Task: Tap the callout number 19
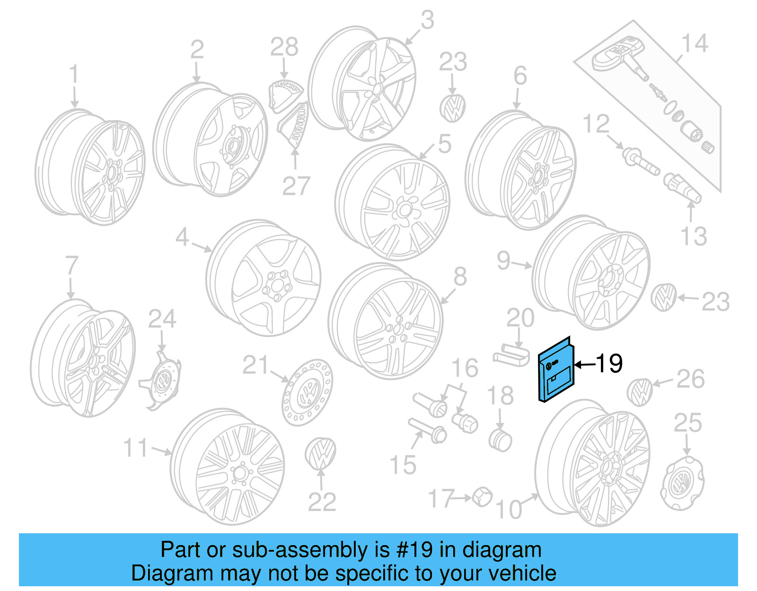pyautogui.click(x=609, y=363)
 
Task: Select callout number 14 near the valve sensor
pyautogui.click(x=694, y=44)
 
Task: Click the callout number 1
pyautogui.click(x=73, y=76)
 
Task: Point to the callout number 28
pyautogui.click(x=284, y=47)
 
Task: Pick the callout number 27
pyautogui.click(x=296, y=186)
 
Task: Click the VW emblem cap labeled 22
pyautogui.click(x=320, y=453)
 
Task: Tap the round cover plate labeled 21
pyautogui.click(x=307, y=392)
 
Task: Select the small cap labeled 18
pyautogui.click(x=500, y=440)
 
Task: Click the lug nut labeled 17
pyautogui.click(x=482, y=496)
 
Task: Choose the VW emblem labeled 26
pyautogui.click(x=640, y=392)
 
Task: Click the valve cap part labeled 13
pyautogui.click(x=682, y=187)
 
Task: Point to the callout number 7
pyautogui.click(x=71, y=265)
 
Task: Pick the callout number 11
pyautogui.click(x=136, y=447)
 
